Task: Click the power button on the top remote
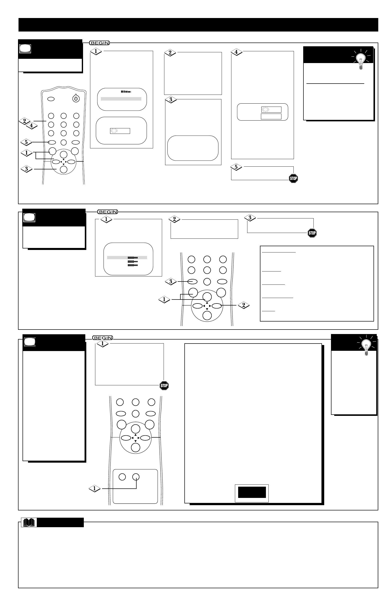pos(76,99)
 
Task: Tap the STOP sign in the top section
pos(294,179)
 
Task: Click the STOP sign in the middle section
pos(312,233)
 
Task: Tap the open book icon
pos(30,523)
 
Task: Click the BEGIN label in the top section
pos(99,43)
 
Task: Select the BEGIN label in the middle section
pos(108,212)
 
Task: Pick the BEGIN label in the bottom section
pos(103,338)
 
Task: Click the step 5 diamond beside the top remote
pos(27,142)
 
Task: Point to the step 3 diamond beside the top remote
pos(27,169)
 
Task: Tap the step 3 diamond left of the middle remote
pos(172,282)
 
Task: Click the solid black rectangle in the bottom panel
pos(252,492)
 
